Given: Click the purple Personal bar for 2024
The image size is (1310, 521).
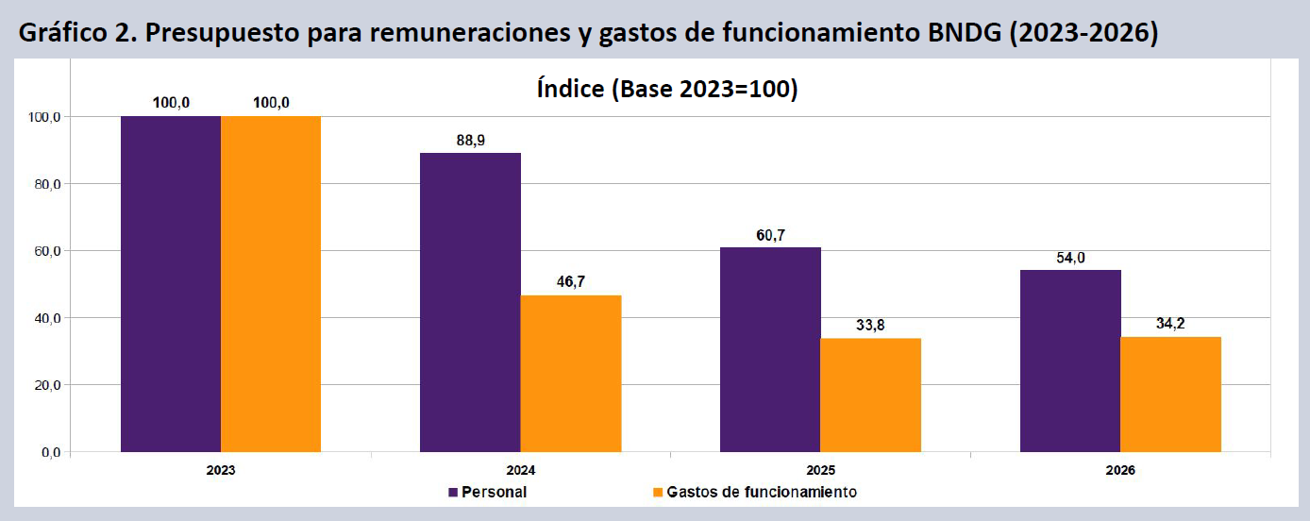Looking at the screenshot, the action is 470,302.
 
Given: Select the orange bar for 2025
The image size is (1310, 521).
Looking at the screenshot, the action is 871,395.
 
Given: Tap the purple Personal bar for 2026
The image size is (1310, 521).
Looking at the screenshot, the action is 1070,361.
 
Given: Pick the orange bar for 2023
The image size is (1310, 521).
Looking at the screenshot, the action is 271,284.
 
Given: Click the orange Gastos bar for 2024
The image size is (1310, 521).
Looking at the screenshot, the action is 571,374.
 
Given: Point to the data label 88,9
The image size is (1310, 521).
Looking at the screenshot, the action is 471,141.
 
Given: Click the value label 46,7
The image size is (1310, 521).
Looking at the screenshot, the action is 571,282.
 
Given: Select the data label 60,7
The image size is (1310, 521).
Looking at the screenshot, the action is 771,235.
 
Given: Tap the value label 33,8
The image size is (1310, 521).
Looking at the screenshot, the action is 870,325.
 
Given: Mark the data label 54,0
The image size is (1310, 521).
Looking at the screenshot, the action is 1070,258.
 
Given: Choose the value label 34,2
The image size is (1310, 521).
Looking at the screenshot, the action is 1170,324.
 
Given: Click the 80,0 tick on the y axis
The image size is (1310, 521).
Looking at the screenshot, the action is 47,185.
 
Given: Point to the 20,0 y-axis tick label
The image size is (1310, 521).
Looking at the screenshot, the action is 47,385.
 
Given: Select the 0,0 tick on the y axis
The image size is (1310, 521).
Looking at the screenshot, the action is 51,453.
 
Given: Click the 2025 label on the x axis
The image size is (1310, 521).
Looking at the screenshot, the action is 820,470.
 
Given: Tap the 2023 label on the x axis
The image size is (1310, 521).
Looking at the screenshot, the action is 221,470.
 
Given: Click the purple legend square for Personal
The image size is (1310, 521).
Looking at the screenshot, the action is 453,493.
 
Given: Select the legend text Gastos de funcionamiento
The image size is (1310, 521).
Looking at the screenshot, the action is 762,493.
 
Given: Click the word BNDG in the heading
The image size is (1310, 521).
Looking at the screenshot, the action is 965,32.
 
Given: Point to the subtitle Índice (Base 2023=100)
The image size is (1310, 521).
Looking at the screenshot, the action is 667,89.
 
